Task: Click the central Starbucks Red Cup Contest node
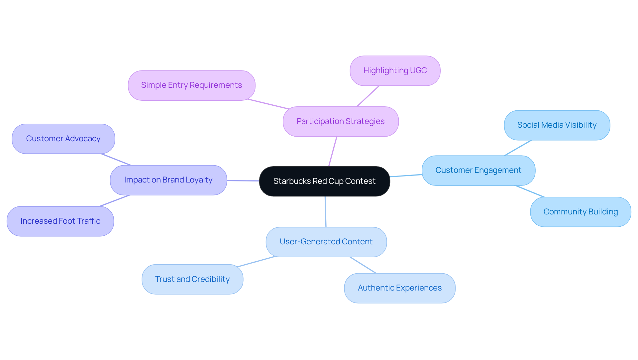(x=324, y=181)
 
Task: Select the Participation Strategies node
(x=340, y=121)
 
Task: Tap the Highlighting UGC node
(x=395, y=70)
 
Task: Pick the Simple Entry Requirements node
(x=191, y=85)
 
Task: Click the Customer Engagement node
(x=478, y=170)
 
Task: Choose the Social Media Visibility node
(x=557, y=125)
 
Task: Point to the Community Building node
(x=580, y=212)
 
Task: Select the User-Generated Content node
(x=326, y=242)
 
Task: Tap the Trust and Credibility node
(x=192, y=279)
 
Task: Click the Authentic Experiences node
(x=399, y=288)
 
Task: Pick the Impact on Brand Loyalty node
(x=168, y=180)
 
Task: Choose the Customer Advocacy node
(x=63, y=139)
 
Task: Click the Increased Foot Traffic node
(x=60, y=221)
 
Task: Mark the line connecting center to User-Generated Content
(x=325, y=212)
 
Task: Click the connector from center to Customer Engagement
(x=406, y=176)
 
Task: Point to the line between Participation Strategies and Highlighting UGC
(x=368, y=96)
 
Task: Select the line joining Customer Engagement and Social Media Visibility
(x=518, y=148)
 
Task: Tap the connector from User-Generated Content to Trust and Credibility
(x=257, y=261)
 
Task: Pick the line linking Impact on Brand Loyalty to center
(x=243, y=181)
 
